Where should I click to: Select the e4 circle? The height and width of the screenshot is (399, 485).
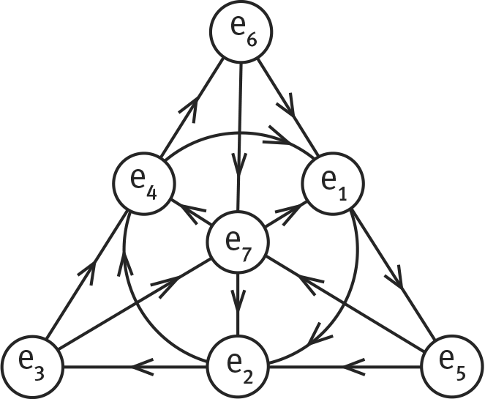point(143,185)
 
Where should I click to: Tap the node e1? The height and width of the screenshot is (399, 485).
point(334,185)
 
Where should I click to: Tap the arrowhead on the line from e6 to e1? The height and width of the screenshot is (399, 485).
point(287,111)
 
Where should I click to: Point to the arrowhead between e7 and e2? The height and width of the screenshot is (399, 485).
point(239,301)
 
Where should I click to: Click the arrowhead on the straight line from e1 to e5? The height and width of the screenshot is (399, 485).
point(399,280)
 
